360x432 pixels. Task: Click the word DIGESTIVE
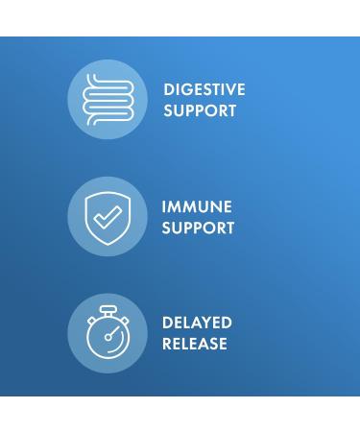[204, 89]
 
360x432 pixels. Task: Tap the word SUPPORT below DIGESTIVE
[200, 110]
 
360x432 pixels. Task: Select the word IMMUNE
[197, 206]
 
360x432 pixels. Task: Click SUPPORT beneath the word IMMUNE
[198, 228]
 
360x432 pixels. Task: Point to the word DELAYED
[197, 323]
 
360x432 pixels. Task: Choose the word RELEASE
[195, 344]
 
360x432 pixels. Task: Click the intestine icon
[108, 99]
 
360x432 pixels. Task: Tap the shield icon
[108, 217]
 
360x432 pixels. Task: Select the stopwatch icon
[108, 333]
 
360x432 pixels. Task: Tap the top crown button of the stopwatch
[108, 310]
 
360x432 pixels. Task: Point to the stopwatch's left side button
[91, 319]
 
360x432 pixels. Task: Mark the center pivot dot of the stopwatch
[108, 337]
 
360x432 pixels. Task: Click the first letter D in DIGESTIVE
[169, 89]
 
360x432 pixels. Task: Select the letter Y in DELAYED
[207, 323]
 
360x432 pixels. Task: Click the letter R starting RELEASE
[167, 344]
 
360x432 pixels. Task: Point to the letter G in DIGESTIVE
[184, 89]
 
